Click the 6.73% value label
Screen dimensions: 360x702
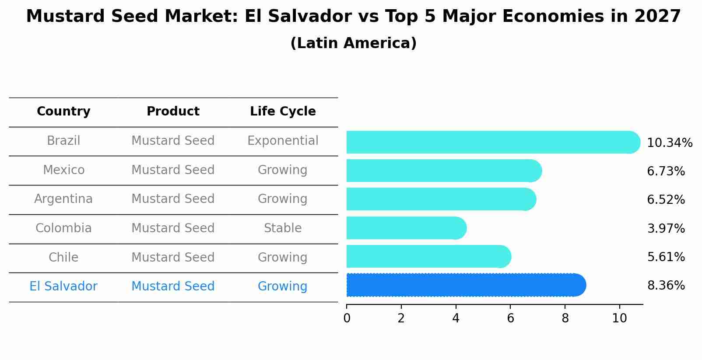(666, 171)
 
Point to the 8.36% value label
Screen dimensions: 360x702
(666, 286)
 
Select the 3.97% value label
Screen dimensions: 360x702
(666, 228)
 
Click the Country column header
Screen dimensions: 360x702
(63, 112)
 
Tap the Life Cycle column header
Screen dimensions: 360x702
(283, 112)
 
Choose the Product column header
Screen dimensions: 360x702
(173, 112)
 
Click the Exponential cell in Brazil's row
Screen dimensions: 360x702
(283, 141)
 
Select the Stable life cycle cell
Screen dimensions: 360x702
(283, 228)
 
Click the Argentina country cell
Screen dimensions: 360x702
(63, 199)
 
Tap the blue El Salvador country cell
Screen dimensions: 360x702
(63, 287)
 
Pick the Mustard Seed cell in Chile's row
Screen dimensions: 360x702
(173, 257)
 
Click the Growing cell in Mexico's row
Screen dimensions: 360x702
(283, 170)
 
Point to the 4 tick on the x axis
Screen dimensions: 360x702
(456, 318)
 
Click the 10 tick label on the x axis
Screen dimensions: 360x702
(619, 318)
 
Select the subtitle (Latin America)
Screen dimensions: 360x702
(353, 43)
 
